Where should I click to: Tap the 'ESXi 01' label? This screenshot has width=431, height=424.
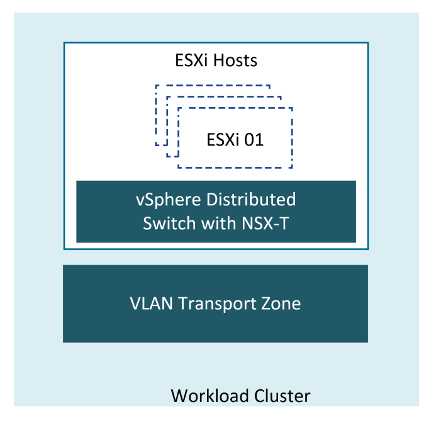[235, 139]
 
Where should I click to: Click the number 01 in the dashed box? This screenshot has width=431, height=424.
[253, 139]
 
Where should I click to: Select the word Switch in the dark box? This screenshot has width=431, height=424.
[169, 223]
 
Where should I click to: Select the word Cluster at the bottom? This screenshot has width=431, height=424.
[279, 396]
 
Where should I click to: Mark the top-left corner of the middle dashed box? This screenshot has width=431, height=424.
[167, 97]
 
